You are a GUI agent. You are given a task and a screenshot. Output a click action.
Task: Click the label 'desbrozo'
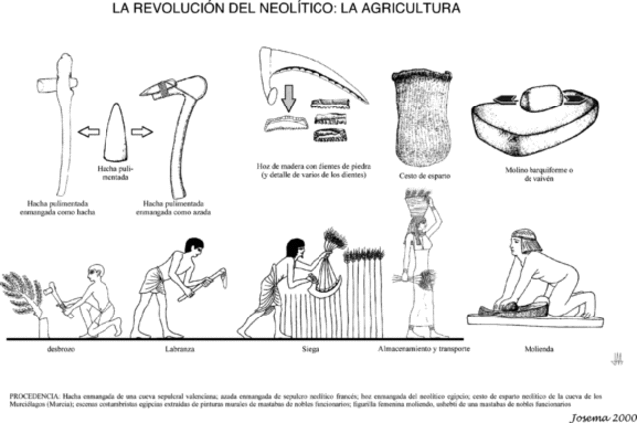[57, 350]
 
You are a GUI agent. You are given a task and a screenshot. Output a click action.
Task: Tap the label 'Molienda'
[538, 350]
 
